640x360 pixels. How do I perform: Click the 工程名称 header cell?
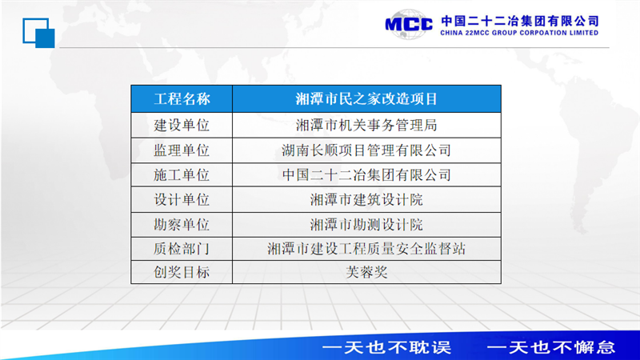point(182,98)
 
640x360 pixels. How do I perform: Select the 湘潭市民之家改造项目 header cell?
point(366,98)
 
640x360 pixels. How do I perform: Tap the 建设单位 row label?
point(182,126)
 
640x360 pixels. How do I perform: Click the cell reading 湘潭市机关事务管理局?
point(366,126)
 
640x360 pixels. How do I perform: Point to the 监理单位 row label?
point(182,150)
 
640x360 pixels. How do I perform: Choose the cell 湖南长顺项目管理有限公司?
point(366,150)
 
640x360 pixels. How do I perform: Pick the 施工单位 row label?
point(182,175)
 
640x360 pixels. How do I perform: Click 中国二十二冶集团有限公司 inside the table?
point(366,175)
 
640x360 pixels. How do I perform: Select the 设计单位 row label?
point(182,199)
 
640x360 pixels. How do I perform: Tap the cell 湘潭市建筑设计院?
point(366,199)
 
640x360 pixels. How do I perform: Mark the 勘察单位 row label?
point(182,225)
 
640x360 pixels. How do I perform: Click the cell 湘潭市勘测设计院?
point(366,225)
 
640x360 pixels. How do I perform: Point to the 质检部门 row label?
point(182,249)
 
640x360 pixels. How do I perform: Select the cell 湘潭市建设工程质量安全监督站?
point(366,249)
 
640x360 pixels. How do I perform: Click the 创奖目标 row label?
point(182,272)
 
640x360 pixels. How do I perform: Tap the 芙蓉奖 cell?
point(366,272)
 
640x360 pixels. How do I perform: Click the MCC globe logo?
point(409,25)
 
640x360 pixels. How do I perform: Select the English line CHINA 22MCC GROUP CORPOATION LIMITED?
point(519,33)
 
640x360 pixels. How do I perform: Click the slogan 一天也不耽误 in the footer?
point(386,347)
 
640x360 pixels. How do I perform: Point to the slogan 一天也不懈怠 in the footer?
point(551,347)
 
